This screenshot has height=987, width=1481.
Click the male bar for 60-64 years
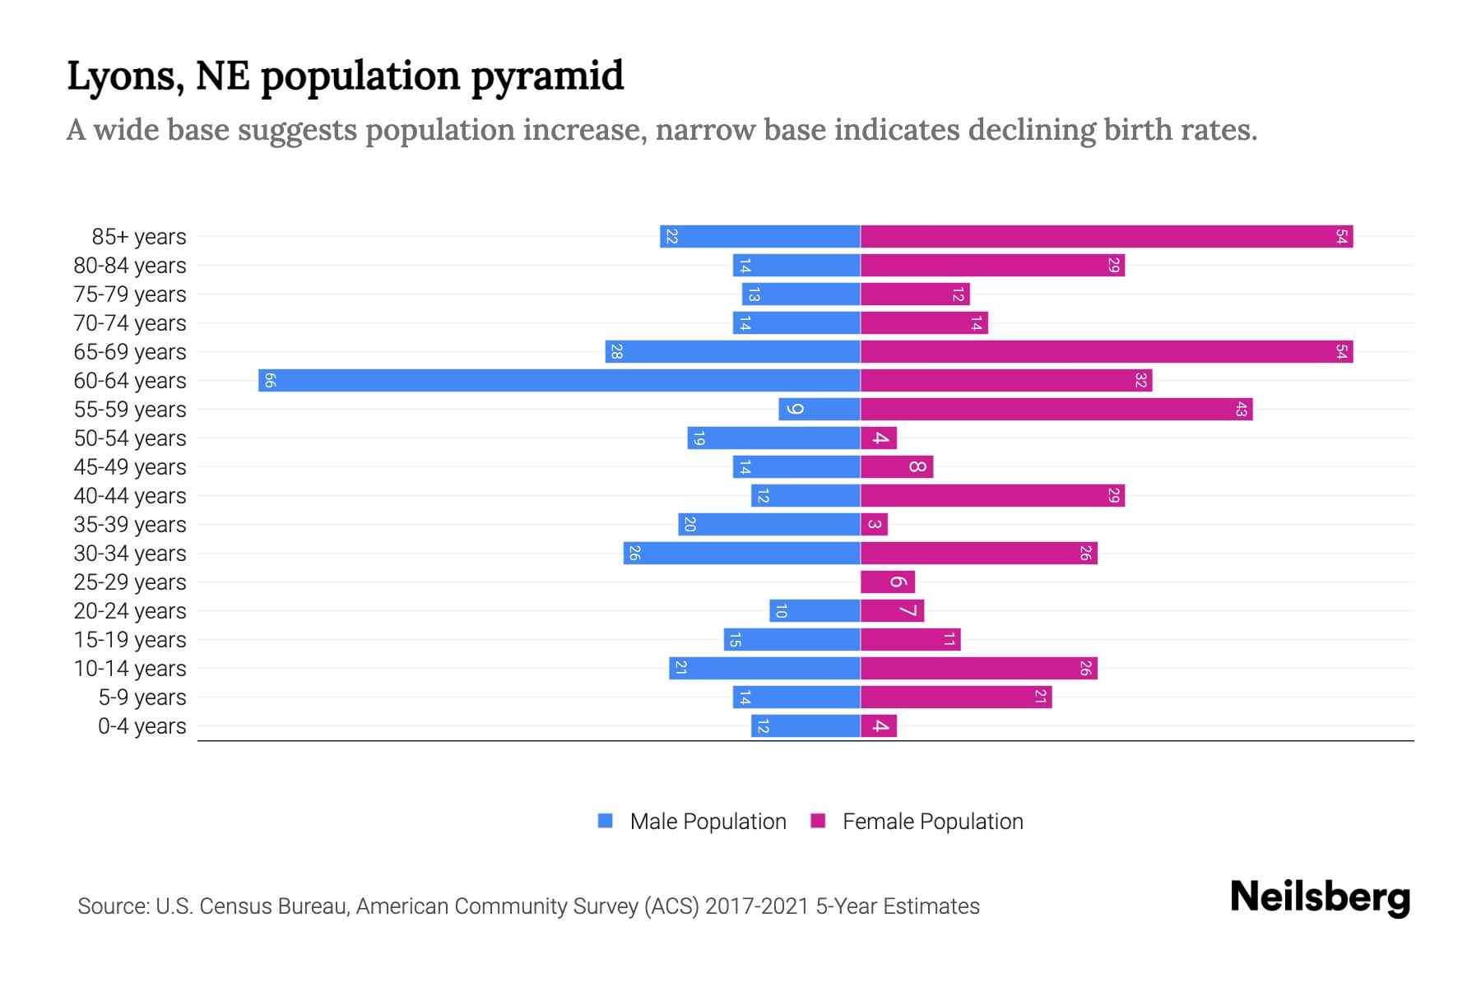tap(559, 380)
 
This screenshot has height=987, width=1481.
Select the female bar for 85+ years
tap(1107, 236)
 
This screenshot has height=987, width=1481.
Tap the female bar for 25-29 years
tap(887, 582)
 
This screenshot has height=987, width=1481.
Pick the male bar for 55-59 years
tap(819, 409)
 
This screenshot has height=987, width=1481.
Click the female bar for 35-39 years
tap(874, 524)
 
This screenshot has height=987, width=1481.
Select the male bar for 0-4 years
tap(805, 725)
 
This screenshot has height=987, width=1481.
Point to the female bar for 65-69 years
tap(1107, 351)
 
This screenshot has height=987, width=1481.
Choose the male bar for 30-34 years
tap(741, 553)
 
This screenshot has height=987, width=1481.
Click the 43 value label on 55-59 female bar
tap(1241, 409)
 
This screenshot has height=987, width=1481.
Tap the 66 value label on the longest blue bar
tap(270, 380)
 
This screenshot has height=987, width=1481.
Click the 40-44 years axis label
tap(130, 496)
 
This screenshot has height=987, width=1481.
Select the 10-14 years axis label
tap(130, 669)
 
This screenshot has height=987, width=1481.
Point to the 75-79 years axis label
tap(130, 294)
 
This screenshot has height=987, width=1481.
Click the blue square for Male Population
tap(606, 821)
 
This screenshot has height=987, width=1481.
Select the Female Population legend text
tap(932, 822)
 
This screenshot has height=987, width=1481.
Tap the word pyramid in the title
tap(547, 76)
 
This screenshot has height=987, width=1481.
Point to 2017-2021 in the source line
tap(757, 906)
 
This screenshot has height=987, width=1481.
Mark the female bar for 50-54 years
tap(879, 438)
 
